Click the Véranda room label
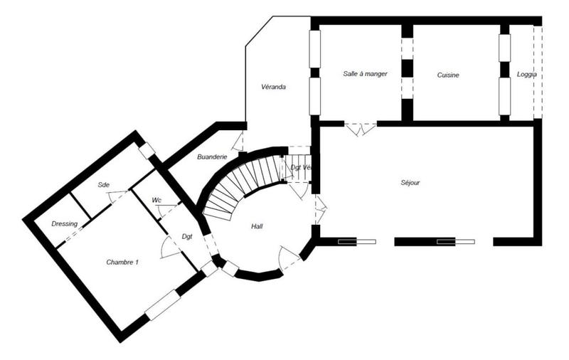click(274, 88)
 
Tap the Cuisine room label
click(448, 75)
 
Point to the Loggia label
click(527, 75)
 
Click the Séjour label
click(410, 183)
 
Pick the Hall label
click(257, 226)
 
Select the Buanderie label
click(212, 157)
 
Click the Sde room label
click(103, 184)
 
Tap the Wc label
click(156, 201)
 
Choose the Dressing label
click(65, 223)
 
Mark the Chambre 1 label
click(122, 263)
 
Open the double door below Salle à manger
click(361, 129)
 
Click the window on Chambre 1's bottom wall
click(162, 305)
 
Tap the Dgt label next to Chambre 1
click(187, 236)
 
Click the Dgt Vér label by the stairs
click(301, 167)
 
